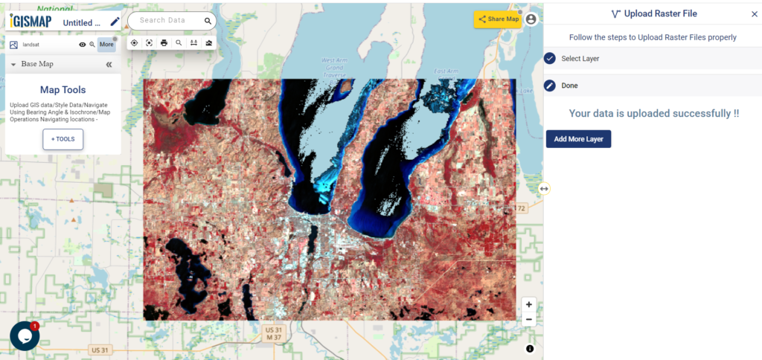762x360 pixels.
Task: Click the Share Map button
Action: pyautogui.click(x=498, y=19)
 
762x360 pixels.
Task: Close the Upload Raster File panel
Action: pyautogui.click(x=754, y=14)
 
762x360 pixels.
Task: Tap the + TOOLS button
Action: pyautogui.click(x=63, y=139)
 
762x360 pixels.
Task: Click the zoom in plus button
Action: pyautogui.click(x=528, y=304)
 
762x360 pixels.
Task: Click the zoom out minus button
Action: pyautogui.click(x=528, y=320)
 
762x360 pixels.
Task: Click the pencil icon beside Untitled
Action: pyautogui.click(x=115, y=22)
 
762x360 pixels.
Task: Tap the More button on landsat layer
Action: pyautogui.click(x=106, y=45)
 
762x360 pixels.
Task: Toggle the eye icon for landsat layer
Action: pyautogui.click(x=83, y=45)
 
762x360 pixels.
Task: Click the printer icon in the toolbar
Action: pyautogui.click(x=164, y=43)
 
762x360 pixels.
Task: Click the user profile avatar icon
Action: pyautogui.click(x=531, y=19)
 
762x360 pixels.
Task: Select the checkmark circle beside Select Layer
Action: pyautogui.click(x=550, y=59)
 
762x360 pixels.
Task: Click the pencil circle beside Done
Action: pyautogui.click(x=550, y=86)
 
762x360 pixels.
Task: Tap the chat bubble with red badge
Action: pyautogui.click(x=24, y=336)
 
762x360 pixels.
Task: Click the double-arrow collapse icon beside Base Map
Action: pyautogui.click(x=109, y=65)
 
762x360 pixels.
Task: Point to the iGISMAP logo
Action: pyautogui.click(x=31, y=22)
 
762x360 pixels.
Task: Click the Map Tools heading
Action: pyautogui.click(x=63, y=90)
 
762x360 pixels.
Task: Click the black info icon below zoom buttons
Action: pyautogui.click(x=530, y=348)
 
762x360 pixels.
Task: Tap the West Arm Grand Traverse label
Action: pyautogui.click(x=334, y=67)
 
